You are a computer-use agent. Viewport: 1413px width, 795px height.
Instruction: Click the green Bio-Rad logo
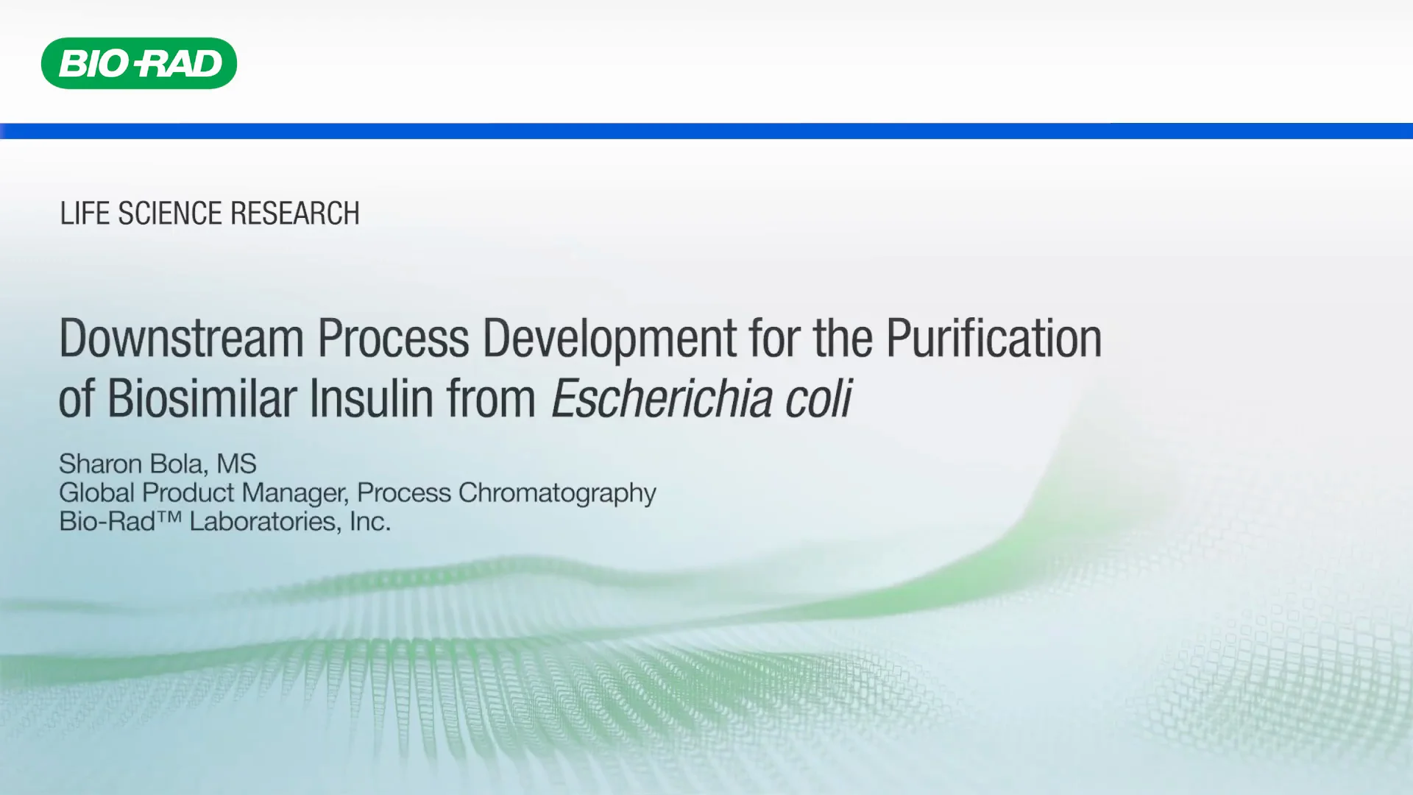tap(139, 63)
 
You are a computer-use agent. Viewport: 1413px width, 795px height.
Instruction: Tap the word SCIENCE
tap(170, 213)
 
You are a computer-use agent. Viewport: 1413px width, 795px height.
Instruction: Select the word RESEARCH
tap(294, 213)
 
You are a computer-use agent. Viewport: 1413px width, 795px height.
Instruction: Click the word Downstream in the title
tap(181, 339)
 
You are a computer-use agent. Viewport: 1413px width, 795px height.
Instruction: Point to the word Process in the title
tap(393, 339)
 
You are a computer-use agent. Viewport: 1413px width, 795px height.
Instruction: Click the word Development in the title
tap(609, 339)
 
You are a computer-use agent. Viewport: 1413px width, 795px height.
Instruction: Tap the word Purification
tap(994, 339)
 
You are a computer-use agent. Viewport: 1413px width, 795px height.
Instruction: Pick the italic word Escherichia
tap(661, 398)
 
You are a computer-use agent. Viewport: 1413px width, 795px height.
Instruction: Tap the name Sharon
tap(100, 464)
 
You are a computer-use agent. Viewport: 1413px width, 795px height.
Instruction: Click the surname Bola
tap(178, 464)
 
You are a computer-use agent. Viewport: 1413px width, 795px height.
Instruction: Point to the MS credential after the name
tap(236, 464)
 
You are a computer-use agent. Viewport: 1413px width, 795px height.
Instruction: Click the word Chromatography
tap(557, 492)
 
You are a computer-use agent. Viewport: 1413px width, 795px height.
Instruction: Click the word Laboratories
tap(265, 521)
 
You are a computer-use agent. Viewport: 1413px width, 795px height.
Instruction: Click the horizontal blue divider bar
tap(706, 131)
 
